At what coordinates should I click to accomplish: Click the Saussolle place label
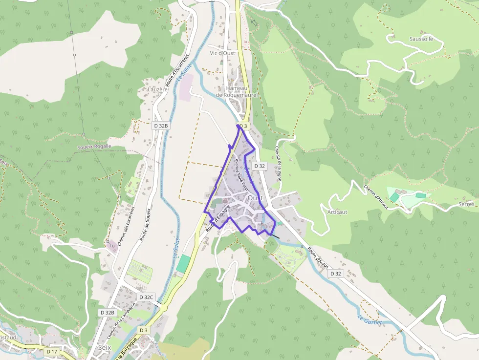421,39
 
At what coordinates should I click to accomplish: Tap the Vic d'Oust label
222,53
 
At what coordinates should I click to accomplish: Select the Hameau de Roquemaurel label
237,91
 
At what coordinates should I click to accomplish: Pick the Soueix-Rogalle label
94,146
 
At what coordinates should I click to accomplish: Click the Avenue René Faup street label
241,175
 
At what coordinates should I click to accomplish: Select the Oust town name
255,198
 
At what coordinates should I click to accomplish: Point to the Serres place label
467,204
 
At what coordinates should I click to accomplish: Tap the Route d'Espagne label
218,218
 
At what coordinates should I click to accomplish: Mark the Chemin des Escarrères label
126,225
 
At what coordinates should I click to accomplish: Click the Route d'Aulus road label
318,257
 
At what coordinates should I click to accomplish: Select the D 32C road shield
146,297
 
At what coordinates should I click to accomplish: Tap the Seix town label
104,348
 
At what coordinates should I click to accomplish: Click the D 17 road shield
52,351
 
